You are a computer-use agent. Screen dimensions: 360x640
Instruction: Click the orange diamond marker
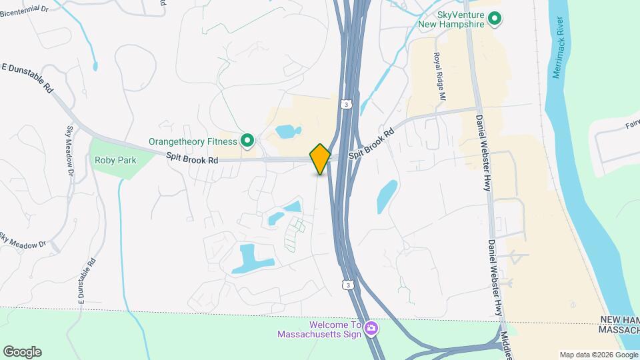[x=320, y=159]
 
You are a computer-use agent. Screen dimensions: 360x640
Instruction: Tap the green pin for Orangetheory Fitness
[x=247, y=141]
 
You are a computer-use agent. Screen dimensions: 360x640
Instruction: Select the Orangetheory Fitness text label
[x=193, y=141]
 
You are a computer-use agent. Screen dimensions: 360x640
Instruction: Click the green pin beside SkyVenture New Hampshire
[x=494, y=18]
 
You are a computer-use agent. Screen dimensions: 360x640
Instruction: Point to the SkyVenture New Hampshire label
[x=451, y=19]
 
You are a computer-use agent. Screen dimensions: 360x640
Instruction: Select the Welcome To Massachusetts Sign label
[x=319, y=329]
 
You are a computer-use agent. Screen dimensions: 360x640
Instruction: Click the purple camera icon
[x=371, y=328]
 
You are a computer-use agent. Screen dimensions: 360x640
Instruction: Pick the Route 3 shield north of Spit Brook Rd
[x=345, y=104]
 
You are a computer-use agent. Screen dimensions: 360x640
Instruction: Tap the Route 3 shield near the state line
[x=347, y=285]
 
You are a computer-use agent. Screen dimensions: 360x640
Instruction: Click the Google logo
[x=22, y=352]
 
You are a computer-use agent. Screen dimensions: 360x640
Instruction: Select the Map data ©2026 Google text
[x=597, y=355]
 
